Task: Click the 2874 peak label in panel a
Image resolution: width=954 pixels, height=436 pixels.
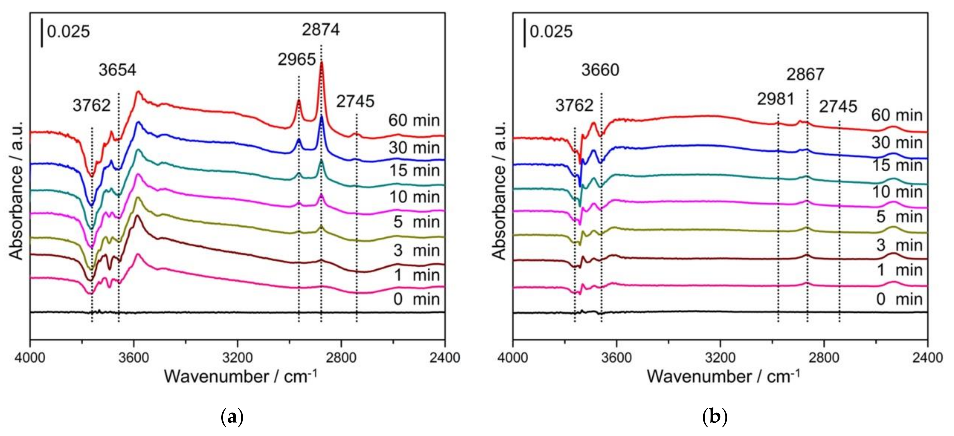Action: [x=320, y=30]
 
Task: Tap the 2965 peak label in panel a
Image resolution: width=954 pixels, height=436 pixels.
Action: [x=297, y=59]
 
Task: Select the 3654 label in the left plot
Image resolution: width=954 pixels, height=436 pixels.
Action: [x=117, y=70]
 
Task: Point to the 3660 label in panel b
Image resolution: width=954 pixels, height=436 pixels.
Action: [x=600, y=70]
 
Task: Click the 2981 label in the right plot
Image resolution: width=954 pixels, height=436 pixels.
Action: [x=776, y=99]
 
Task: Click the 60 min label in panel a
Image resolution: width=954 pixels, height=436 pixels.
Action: [x=414, y=120]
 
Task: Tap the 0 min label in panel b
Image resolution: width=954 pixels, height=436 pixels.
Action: [x=899, y=299]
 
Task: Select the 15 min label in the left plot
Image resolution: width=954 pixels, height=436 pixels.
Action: [x=414, y=171]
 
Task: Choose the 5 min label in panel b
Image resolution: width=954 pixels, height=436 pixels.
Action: [x=899, y=217]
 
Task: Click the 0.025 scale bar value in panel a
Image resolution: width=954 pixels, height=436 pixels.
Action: [x=69, y=32]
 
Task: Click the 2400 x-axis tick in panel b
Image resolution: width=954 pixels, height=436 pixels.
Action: [x=927, y=358]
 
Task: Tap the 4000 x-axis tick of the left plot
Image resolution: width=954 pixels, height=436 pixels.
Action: [x=30, y=358]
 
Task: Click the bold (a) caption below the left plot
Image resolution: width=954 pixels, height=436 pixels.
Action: [x=232, y=417]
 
